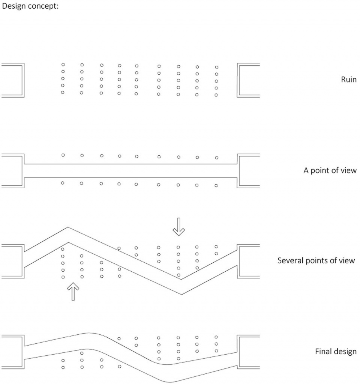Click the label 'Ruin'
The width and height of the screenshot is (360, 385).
pyautogui.click(x=348, y=80)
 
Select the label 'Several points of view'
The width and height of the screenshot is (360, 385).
pyautogui.click(x=316, y=260)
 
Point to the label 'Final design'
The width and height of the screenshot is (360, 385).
pyautogui.click(x=335, y=352)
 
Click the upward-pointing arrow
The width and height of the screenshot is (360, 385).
pyautogui.click(x=73, y=292)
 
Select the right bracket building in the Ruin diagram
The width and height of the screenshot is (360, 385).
pyautogui.click(x=248, y=80)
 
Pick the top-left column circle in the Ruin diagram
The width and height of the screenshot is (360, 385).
pyautogui.click(x=63, y=65)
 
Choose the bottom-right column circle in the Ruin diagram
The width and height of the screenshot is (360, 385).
pyautogui.click(x=216, y=95)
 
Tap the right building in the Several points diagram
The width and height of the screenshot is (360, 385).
pyautogui.click(x=248, y=261)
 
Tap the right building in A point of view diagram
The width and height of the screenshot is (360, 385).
pyautogui.click(x=248, y=170)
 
